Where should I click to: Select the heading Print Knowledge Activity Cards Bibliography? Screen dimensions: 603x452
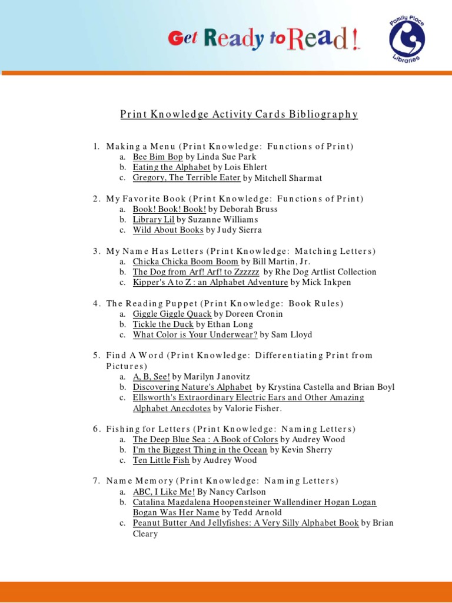tap(239, 114)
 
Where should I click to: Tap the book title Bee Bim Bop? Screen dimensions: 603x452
tap(157, 157)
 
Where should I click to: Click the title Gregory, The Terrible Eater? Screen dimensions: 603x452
tap(186, 178)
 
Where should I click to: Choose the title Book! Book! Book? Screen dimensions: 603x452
tap(169, 209)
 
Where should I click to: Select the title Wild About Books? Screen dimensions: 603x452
tap(168, 230)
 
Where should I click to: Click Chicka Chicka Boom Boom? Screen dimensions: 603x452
tap(185, 261)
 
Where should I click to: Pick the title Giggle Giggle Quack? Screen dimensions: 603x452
tap(172, 314)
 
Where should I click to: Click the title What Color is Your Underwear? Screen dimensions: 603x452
tap(195, 334)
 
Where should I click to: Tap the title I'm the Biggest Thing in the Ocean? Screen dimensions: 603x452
tap(200, 450)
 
